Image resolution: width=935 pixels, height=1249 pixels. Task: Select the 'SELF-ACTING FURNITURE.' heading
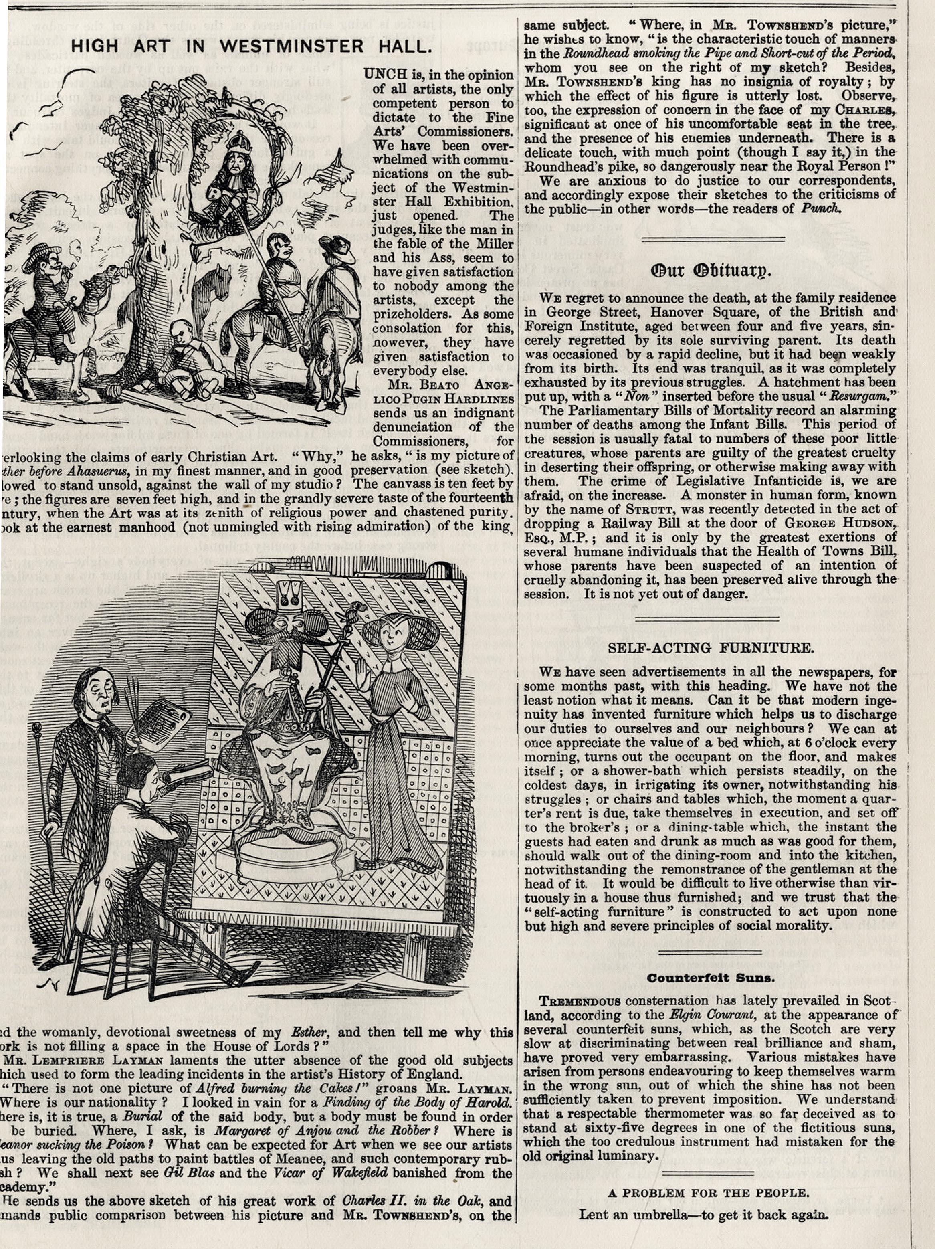click(711, 648)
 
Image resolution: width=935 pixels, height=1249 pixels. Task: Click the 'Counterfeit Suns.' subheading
click(711, 977)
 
